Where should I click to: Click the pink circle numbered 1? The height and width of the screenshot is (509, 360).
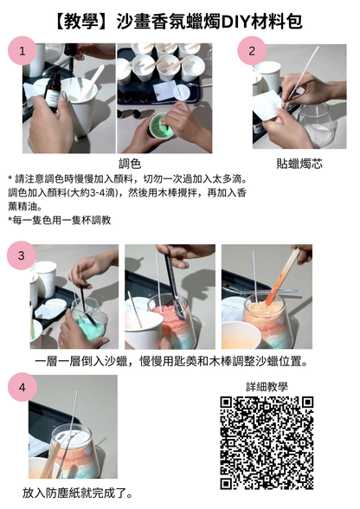pyautogui.click(x=22, y=52)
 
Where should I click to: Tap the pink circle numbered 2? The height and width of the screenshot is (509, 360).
pyautogui.click(x=251, y=51)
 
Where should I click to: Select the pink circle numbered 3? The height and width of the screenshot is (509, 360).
pyautogui.click(x=22, y=256)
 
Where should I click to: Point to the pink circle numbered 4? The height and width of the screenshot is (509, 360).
pyautogui.click(x=22, y=389)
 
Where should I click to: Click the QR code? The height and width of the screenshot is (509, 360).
pyautogui.click(x=266, y=442)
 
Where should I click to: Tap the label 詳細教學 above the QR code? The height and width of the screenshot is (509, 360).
pyautogui.click(x=267, y=387)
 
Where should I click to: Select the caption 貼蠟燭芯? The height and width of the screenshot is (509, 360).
pyautogui.click(x=296, y=163)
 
